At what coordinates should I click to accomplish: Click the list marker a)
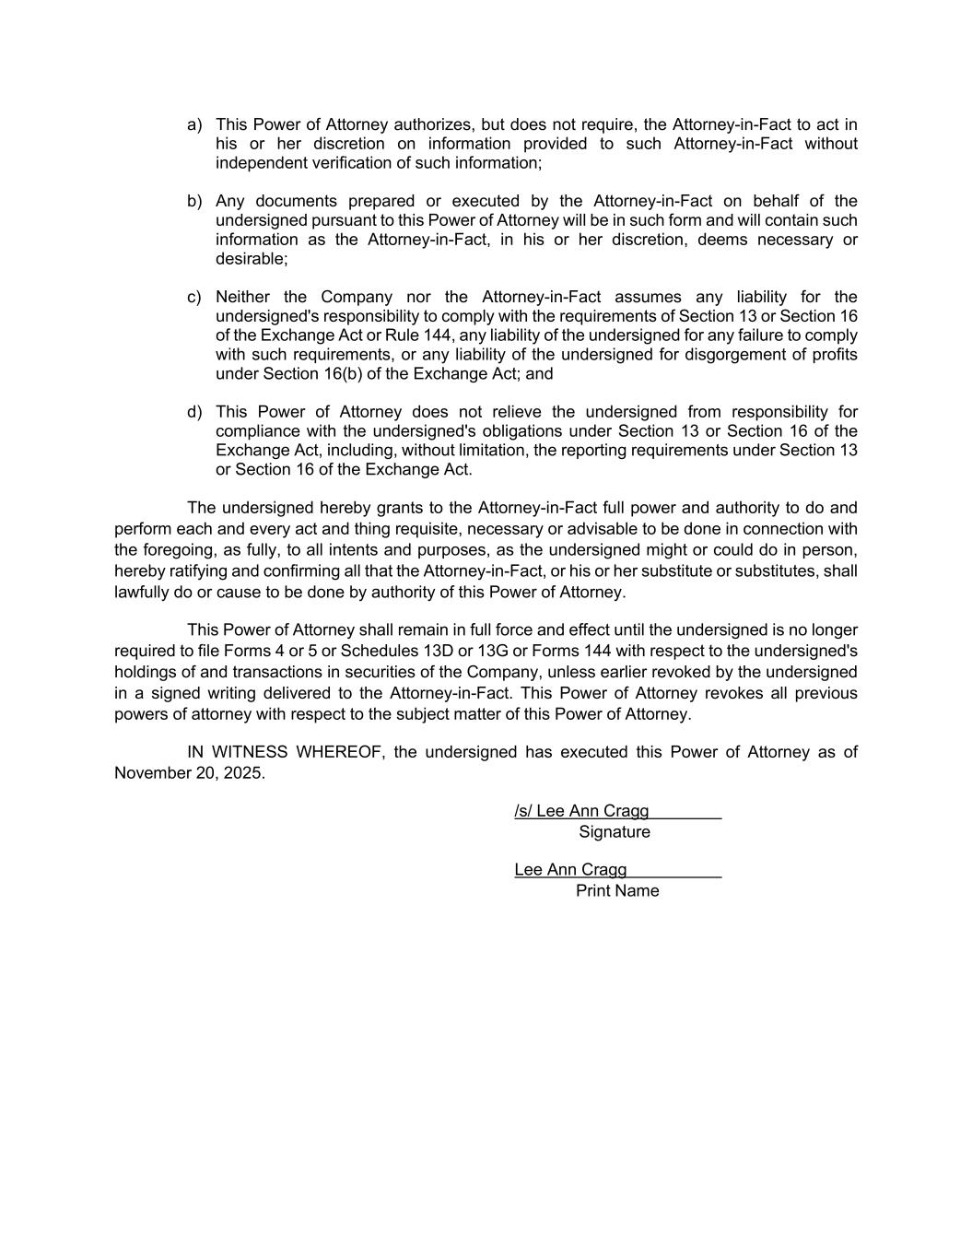point(194,124)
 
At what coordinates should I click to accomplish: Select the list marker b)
point(194,201)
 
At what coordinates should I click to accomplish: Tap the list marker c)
point(194,297)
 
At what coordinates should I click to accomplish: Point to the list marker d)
point(194,412)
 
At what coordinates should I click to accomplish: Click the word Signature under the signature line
point(615,832)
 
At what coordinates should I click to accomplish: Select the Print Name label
point(617,891)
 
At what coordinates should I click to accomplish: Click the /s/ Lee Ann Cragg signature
point(581,811)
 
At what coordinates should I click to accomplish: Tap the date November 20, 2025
point(189,773)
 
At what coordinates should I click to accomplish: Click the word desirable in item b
point(250,259)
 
